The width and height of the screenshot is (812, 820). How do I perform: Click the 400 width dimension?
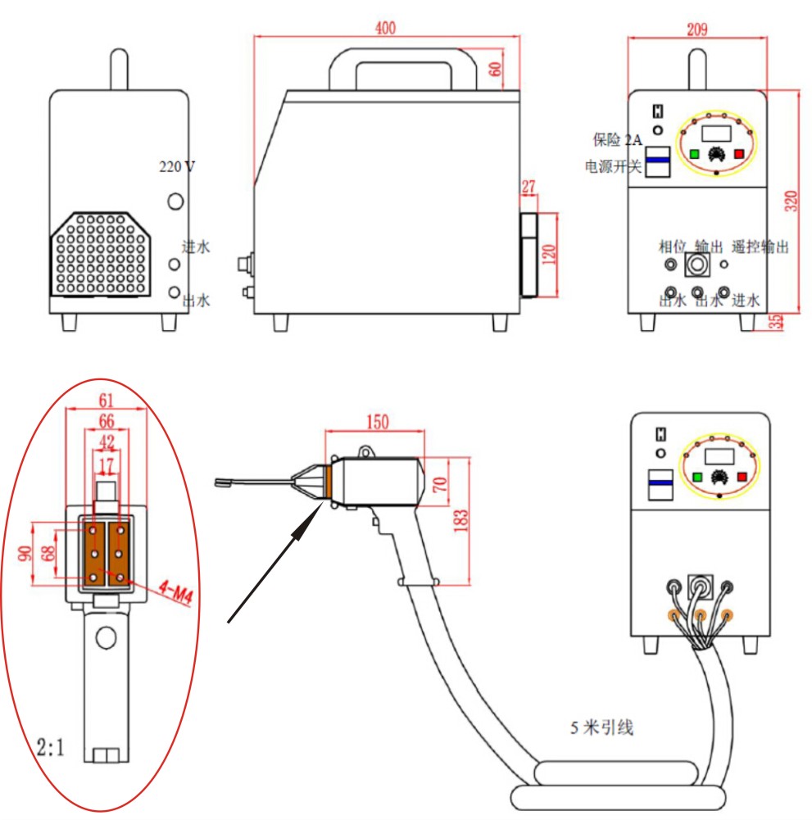tap(386, 28)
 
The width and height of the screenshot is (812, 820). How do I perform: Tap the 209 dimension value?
tap(696, 30)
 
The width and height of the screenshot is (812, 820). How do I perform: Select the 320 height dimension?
tap(792, 201)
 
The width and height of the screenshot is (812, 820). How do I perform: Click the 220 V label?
tap(177, 166)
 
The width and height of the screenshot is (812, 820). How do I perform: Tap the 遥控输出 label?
tap(760, 247)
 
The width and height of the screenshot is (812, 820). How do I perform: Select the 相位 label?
tap(674, 247)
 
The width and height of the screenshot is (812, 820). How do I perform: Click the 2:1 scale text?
tap(51, 746)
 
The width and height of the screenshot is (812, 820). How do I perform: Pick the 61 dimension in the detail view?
tap(105, 401)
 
